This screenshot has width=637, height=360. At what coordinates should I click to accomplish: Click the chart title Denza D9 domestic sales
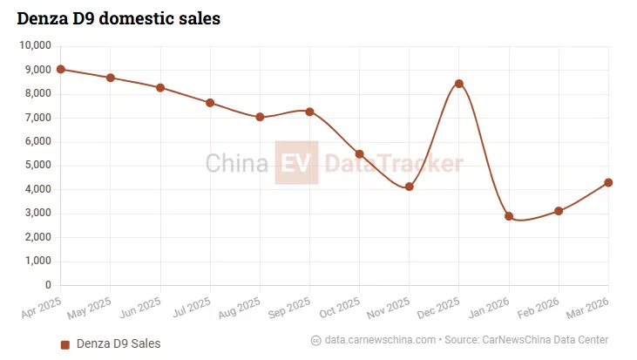(118, 17)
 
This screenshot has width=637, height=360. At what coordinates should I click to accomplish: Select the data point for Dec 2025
(458, 84)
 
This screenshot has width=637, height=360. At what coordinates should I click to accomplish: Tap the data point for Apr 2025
(60, 69)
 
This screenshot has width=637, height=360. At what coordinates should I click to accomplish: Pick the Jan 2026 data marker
(509, 216)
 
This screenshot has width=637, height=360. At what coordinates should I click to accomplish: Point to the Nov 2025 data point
(409, 187)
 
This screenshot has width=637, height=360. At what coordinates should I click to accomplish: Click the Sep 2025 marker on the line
(309, 112)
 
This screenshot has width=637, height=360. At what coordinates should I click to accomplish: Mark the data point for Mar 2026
(608, 182)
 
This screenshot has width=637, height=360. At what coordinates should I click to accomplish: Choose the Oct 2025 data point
(359, 153)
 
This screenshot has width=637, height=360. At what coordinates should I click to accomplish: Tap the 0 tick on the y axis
(49, 285)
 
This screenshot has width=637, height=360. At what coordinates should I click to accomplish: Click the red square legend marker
(64, 344)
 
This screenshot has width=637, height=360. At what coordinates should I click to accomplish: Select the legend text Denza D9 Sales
(119, 344)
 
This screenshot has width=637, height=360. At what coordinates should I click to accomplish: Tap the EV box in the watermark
(296, 163)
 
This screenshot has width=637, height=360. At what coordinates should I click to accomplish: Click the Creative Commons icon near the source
(315, 339)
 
